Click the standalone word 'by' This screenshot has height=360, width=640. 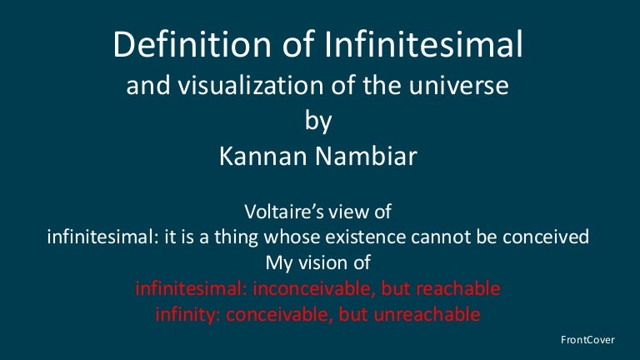click(319, 122)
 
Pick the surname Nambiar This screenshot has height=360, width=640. click(372, 157)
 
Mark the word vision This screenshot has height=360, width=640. click(321, 263)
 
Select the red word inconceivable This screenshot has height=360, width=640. click(317, 289)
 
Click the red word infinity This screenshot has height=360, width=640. click(184, 315)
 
